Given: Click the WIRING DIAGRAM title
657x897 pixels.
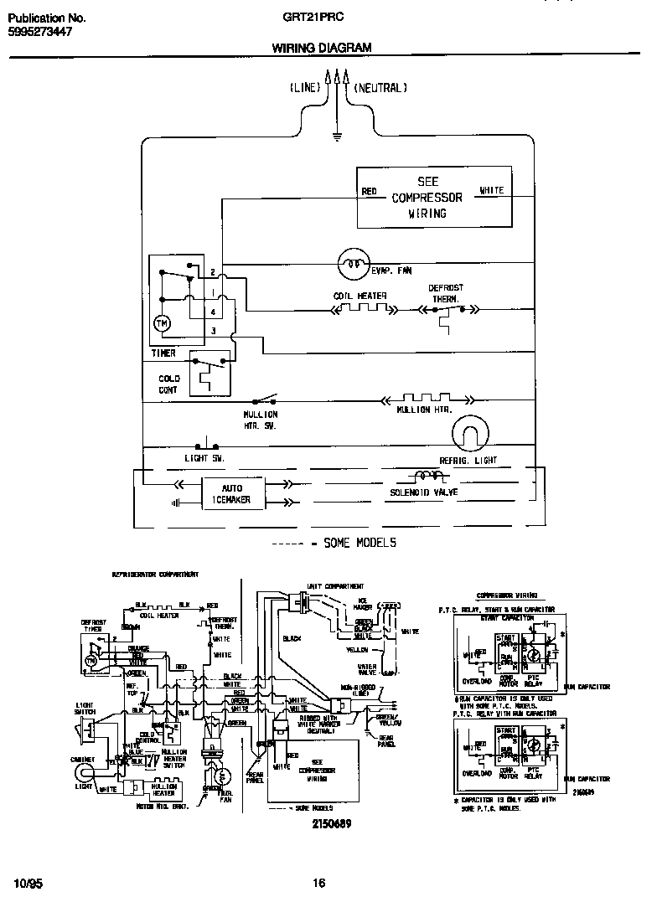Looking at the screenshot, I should click(322, 48).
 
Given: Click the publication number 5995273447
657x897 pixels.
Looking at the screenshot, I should click(40, 31).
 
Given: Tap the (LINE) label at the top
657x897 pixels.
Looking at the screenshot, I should click(305, 87).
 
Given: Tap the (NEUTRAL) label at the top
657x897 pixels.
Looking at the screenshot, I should click(380, 87).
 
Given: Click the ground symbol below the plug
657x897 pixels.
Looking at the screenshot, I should click(337, 134).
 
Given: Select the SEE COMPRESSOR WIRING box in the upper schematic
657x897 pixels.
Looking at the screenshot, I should click(434, 197).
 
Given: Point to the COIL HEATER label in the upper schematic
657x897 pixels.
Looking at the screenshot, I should click(360, 296).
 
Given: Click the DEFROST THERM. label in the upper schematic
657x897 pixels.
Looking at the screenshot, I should click(446, 293).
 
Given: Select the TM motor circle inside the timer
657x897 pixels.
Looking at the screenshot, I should click(161, 324).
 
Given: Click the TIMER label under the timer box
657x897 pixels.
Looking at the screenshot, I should click(163, 353).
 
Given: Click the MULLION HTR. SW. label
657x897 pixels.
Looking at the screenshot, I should click(260, 420).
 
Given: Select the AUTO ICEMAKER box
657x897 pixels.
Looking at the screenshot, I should click(231, 493).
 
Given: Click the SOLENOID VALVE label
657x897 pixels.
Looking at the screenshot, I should click(423, 492).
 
